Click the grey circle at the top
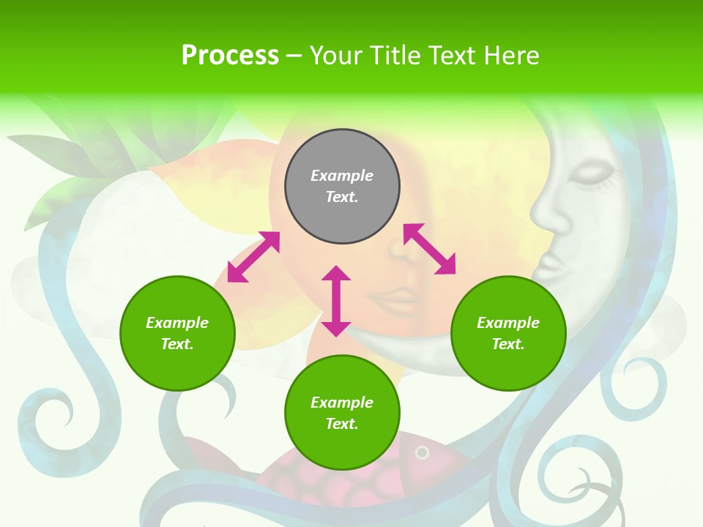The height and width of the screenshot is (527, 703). (x=342, y=187)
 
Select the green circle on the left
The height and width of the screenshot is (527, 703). (x=177, y=333)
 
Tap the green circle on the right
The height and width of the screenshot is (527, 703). (x=508, y=333)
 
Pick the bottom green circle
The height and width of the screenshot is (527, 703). (x=342, y=413)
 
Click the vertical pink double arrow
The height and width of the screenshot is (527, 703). (x=336, y=301)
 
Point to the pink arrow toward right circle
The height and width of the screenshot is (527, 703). (x=429, y=249)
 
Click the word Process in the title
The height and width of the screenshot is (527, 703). (x=230, y=56)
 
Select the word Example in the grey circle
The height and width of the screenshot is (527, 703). (x=342, y=176)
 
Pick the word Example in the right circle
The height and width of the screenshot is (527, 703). (x=508, y=323)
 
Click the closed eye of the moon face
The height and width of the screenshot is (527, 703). (x=592, y=174)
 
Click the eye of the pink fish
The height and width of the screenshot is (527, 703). (x=422, y=453)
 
